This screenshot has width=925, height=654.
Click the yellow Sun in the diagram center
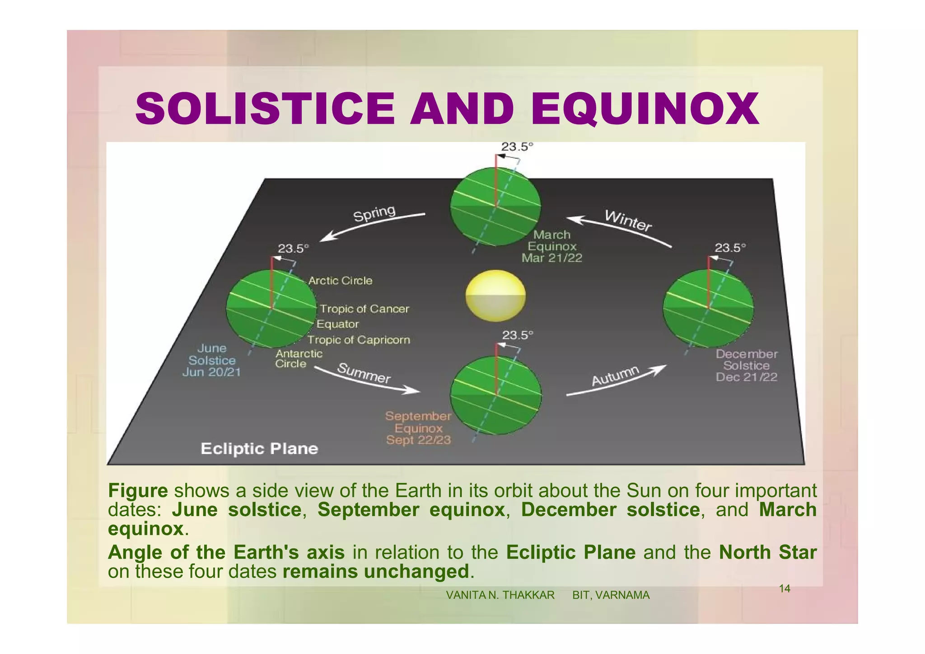click(x=495, y=295)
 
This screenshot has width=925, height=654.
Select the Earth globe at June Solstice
click(x=271, y=309)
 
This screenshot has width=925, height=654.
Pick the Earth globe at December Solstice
click(x=708, y=308)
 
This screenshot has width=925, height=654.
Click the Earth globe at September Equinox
click(x=495, y=395)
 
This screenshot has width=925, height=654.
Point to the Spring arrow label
click(x=374, y=213)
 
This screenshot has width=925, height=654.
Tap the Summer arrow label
click(x=364, y=373)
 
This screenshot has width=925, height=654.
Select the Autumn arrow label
click(x=616, y=376)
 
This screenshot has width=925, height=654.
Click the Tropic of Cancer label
click(x=364, y=309)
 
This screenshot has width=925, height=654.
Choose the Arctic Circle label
click(x=340, y=281)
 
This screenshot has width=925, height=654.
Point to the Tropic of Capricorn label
click(x=359, y=340)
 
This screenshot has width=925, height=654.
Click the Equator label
click(x=337, y=324)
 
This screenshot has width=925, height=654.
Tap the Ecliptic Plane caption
click(x=259, y=449)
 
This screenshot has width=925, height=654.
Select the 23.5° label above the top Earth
click(x=517, y=147)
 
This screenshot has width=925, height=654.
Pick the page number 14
click(x=785, y=588)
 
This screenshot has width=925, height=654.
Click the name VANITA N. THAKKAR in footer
click(x=500, y=595)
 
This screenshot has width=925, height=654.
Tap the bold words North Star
click(x=767, y=552)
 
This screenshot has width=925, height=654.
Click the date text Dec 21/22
click(x=746, y=377)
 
